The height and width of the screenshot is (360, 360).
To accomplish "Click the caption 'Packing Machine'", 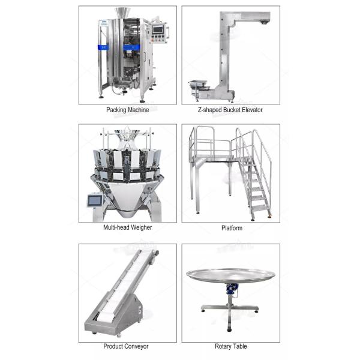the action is (x=127, y=110).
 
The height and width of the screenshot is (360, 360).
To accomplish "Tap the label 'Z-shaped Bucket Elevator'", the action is (x=230, y=110).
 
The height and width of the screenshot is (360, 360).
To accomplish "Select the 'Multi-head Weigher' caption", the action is (x=127, y=227).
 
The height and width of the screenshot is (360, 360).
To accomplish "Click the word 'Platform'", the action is (x=232, y=228).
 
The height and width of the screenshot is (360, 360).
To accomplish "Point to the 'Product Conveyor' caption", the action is (x=126, y=346).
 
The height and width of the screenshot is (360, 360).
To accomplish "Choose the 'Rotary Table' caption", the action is (x=231, y=346).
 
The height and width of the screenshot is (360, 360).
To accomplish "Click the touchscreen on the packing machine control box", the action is (x=158, y=29).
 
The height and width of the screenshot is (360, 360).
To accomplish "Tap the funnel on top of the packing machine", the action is (x=122, y=13).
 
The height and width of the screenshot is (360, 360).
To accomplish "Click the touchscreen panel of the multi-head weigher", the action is (x=95, y=201).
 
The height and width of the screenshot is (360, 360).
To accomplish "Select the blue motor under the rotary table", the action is (x=232, y=289).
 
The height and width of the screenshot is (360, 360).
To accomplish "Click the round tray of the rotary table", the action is (x=231, y=275).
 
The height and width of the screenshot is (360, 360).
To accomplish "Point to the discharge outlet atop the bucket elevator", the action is (x=264, y=22).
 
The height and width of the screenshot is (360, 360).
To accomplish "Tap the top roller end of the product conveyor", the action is (x=155, y=253).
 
